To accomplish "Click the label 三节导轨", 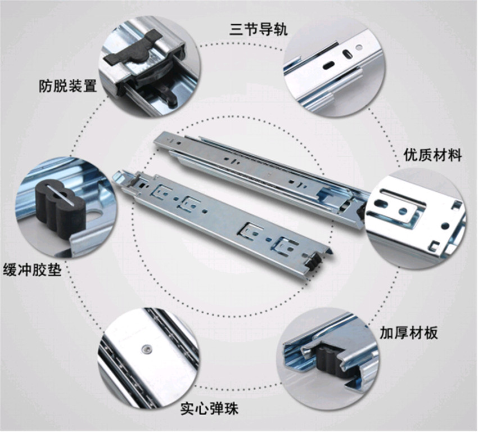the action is pos(258,30).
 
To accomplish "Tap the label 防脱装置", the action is pos(67,85).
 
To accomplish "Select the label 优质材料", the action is pos(432,155).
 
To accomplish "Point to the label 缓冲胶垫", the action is pos(32,269).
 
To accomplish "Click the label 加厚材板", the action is pos(408,332).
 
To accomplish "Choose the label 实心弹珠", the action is pos(209,408).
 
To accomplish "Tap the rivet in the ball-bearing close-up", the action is pos(147,349).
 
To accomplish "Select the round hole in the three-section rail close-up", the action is pos(360,47).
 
